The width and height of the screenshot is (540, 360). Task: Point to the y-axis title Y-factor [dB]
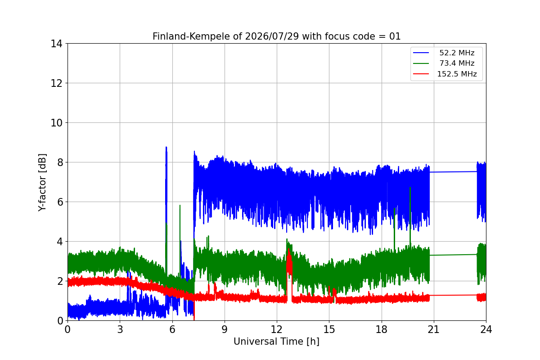coord(42,183)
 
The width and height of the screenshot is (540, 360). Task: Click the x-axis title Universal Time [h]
coord(276,342)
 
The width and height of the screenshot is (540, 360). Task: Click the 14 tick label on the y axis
coord(56,44)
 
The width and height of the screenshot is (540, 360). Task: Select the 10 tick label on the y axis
coord(56,123)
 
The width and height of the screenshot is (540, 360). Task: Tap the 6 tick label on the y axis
coord(60,202)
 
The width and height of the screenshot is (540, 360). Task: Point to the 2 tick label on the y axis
coord(60,281)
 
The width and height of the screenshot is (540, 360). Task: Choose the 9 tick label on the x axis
coord(225,329)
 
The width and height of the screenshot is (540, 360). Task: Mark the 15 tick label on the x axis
coord(329,329)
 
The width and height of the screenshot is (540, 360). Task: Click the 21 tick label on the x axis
coord(434,329)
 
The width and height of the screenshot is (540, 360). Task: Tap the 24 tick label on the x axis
coord(486,329)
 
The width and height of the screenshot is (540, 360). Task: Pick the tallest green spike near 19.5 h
coord(410,217)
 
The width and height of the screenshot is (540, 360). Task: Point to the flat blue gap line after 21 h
coord(453,172)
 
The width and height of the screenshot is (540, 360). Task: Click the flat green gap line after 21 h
coord(453,255)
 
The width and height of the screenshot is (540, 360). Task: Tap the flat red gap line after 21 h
coord(453,295)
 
